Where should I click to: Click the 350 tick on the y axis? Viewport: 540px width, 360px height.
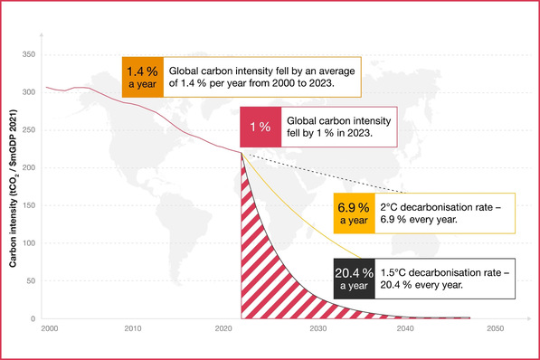pyautogui.click(x=27, y=54)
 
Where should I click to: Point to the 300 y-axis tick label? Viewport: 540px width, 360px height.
pyautogui.click(x=27, y=92)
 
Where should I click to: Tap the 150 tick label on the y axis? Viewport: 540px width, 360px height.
pyautogui.click(x=27, y=205)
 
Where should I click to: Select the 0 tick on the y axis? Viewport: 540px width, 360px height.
pyautogui.click(x=32, y=318)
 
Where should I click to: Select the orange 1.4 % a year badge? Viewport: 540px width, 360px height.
pyautogui.click(x=143, y=76)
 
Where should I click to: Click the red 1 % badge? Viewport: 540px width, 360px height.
pyautogui.click(x=260, y=128)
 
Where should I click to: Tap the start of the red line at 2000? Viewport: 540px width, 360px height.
pyautogui.click(x=47, y=87)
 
